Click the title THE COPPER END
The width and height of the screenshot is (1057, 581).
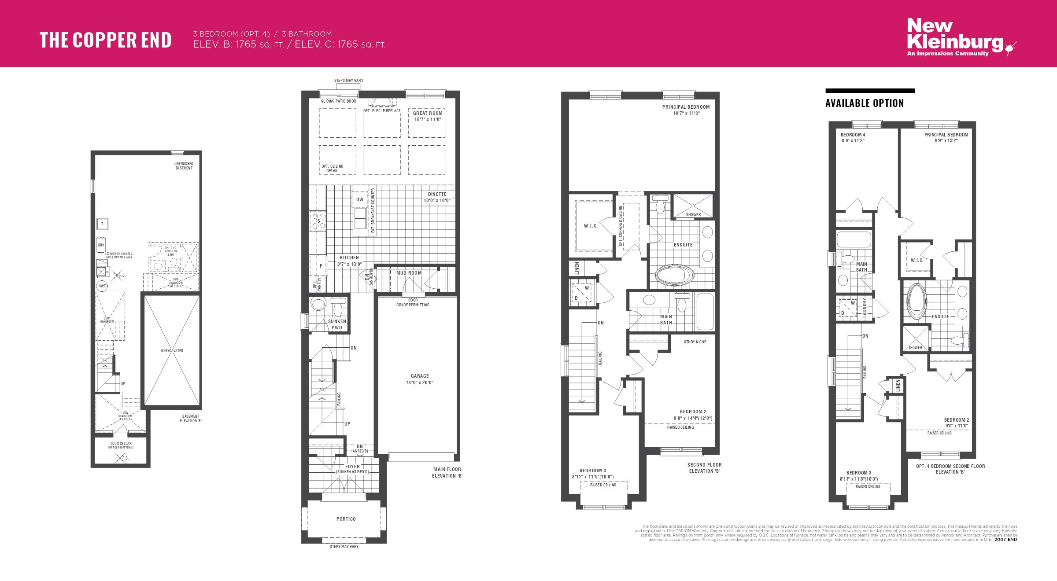point(105,40)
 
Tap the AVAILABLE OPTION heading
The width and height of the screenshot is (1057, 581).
point(864,103)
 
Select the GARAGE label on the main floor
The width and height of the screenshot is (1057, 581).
point(419,376)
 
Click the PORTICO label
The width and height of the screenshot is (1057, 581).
point(346,519)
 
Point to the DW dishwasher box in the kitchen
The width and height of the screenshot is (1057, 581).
point(360,200)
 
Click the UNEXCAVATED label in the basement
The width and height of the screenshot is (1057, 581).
point(172,351)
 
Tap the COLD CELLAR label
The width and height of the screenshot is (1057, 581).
point(121,444)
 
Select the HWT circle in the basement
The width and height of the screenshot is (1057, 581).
point(102,286)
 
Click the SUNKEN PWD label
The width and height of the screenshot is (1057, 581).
point(337,324)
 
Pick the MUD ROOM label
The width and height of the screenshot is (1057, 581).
point(409,273)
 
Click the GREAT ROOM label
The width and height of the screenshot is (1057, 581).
point(427,114)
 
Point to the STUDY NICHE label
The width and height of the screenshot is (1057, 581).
point(695,342)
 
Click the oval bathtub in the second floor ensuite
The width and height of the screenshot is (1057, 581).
point(674,276)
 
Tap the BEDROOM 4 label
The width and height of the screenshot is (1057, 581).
point(853,135)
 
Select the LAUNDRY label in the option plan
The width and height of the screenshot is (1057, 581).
point(864,308)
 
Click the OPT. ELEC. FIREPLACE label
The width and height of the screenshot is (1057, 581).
point(382,111)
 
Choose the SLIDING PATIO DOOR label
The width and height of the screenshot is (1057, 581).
point(338,101)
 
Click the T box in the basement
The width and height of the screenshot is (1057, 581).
point(102,224)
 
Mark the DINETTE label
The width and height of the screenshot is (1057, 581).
point(437,195)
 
